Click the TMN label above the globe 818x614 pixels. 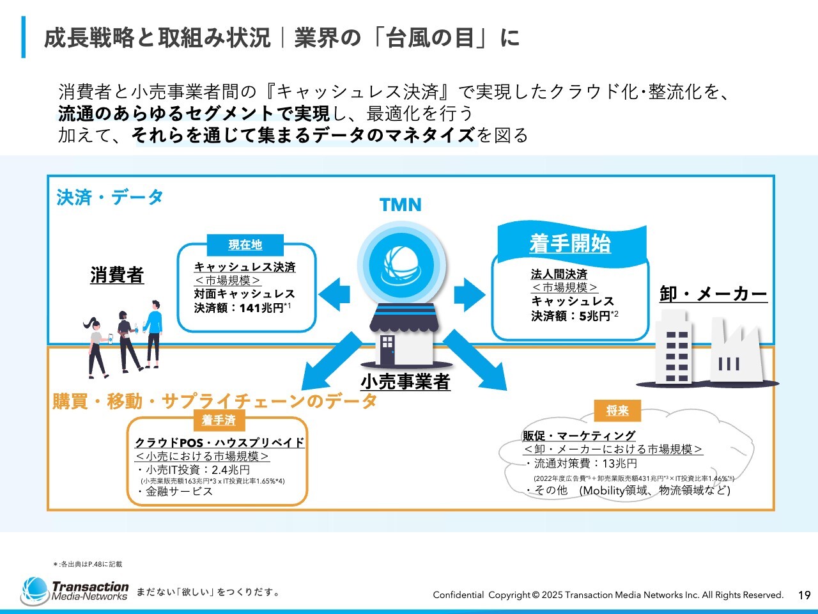tap(401, 205)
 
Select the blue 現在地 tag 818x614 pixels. tap(245, 245)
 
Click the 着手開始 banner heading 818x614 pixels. tap(570, 244)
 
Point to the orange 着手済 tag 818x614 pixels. tap(219, 420)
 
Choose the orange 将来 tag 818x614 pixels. tap(617, 411)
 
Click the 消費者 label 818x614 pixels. tap(117, 275)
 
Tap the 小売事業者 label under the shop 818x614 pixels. tap(405, 382)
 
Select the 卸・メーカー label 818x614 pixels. tap(713, 294)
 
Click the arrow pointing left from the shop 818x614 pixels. tap(334, 294)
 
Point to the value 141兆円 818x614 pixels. tap(261, 308)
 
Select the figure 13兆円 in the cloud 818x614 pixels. tap(619, 464)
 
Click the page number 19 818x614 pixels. tap(804, 595)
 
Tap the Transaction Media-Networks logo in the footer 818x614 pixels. tap(75, 591)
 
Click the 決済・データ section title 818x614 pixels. tap(110, 197)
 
